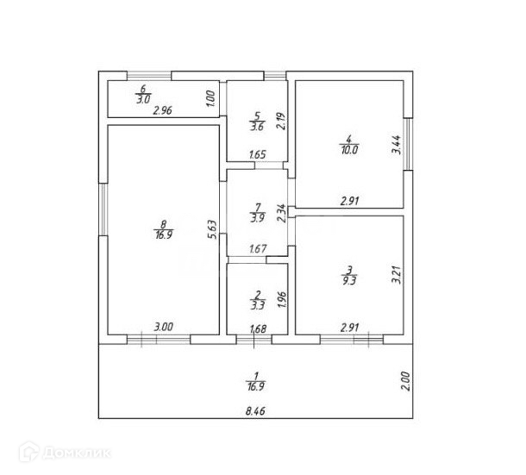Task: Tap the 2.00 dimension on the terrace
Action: coord(406,381)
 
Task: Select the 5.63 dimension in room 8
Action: coord(211,228)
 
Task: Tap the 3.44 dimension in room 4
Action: coord(396,143)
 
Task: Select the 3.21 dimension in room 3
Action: coord(396,275)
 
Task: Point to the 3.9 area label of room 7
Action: coord(257,218)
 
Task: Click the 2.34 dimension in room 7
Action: coord(280,212)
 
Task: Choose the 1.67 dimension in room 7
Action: coord(257,249)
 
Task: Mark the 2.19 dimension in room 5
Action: coord(280,121)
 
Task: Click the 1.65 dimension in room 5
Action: coord(257,155)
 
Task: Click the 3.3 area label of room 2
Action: coord(257,303)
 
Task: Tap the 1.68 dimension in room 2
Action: coord(257,328)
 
